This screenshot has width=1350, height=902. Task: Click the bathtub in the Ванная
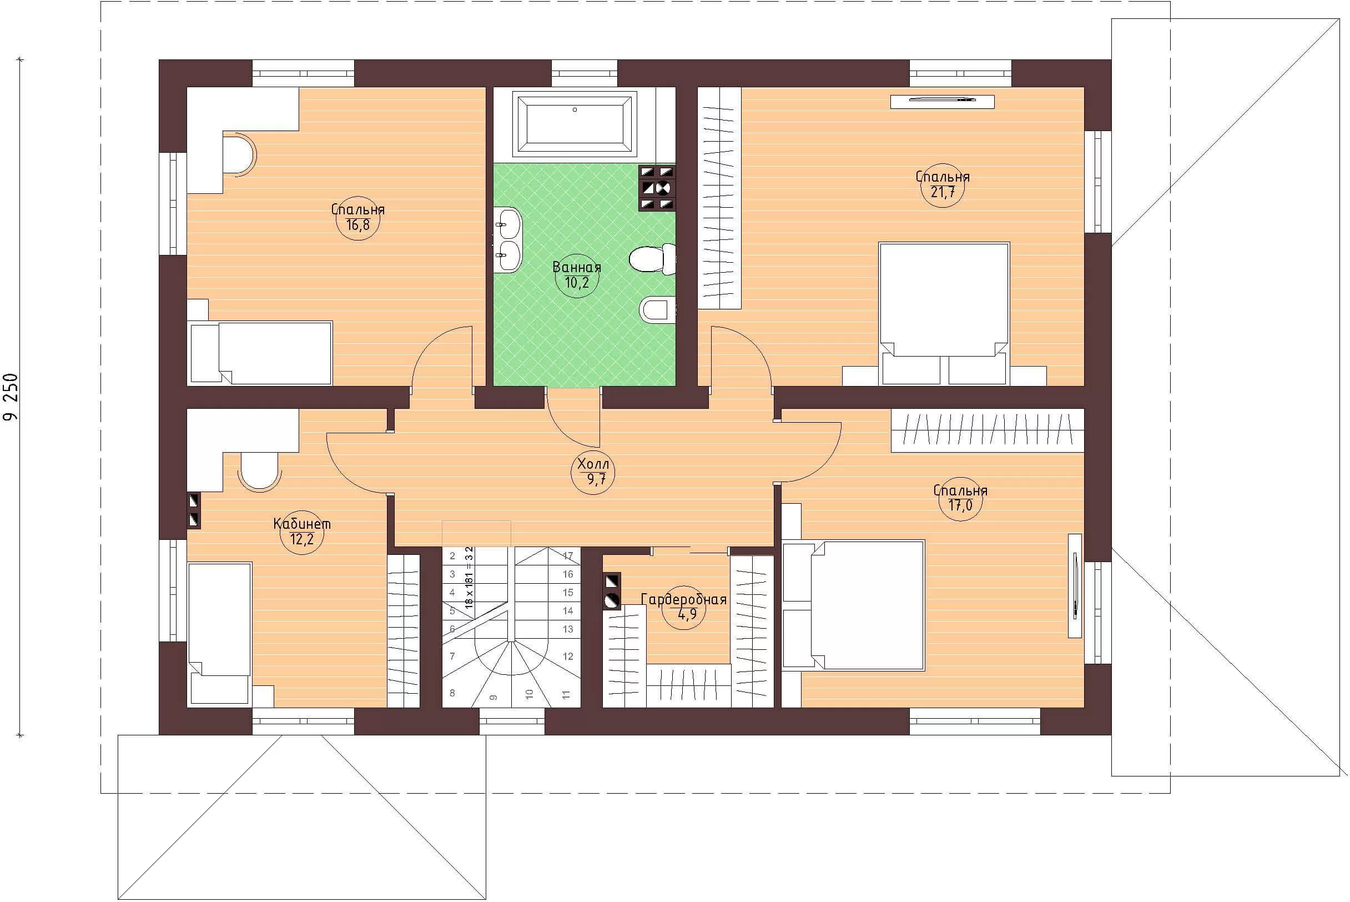coord(575,125)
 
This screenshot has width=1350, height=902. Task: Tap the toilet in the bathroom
coord(653,259)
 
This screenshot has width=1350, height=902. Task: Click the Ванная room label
coord(577,268)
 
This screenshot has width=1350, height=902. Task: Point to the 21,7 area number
coord(943,192)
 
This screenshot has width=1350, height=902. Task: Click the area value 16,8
coord(357,225)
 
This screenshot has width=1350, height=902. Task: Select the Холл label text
coord(593,464)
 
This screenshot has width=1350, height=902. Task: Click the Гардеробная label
coord(684,600)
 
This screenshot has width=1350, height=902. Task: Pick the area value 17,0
coord(961,505)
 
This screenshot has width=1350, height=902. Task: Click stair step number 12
coord(568,657)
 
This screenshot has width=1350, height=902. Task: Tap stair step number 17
coord(568,555)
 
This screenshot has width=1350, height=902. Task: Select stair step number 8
coord(452,693)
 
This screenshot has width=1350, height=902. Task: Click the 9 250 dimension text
coord(12,397)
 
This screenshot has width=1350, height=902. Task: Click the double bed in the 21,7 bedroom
coord(944,313)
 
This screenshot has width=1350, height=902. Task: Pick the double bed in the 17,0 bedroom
coord(854,605)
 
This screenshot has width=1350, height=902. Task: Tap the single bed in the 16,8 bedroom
coord(261,353)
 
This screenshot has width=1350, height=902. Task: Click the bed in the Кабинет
coord(220,633)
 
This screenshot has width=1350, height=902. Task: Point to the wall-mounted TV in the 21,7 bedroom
coord(943,101)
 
